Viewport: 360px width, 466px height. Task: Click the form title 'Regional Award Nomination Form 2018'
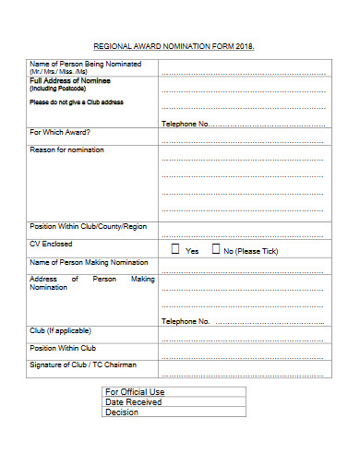[x=173, y=46]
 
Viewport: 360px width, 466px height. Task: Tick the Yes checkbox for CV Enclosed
[x=175, y=249]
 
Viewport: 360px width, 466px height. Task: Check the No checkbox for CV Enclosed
[x=216, y=249]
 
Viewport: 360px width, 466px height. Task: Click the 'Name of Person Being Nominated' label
[x=85, y=63]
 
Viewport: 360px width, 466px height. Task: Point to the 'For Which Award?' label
[x=60, y=132]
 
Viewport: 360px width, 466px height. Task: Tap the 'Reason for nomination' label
[x=66, y=149]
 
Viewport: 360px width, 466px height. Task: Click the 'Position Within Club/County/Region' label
[x=88, y=226]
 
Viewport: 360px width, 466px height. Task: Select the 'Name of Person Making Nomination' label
[x=89, y=262]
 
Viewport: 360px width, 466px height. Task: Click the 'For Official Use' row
[x=135, y=392]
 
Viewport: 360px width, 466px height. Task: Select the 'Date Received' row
[x=134, y=402]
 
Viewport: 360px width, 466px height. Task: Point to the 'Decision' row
[x=122, y=412]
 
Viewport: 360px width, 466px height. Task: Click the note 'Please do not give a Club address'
[x=76, y=102]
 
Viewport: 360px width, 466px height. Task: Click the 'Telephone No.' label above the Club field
[x=186, y=322]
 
